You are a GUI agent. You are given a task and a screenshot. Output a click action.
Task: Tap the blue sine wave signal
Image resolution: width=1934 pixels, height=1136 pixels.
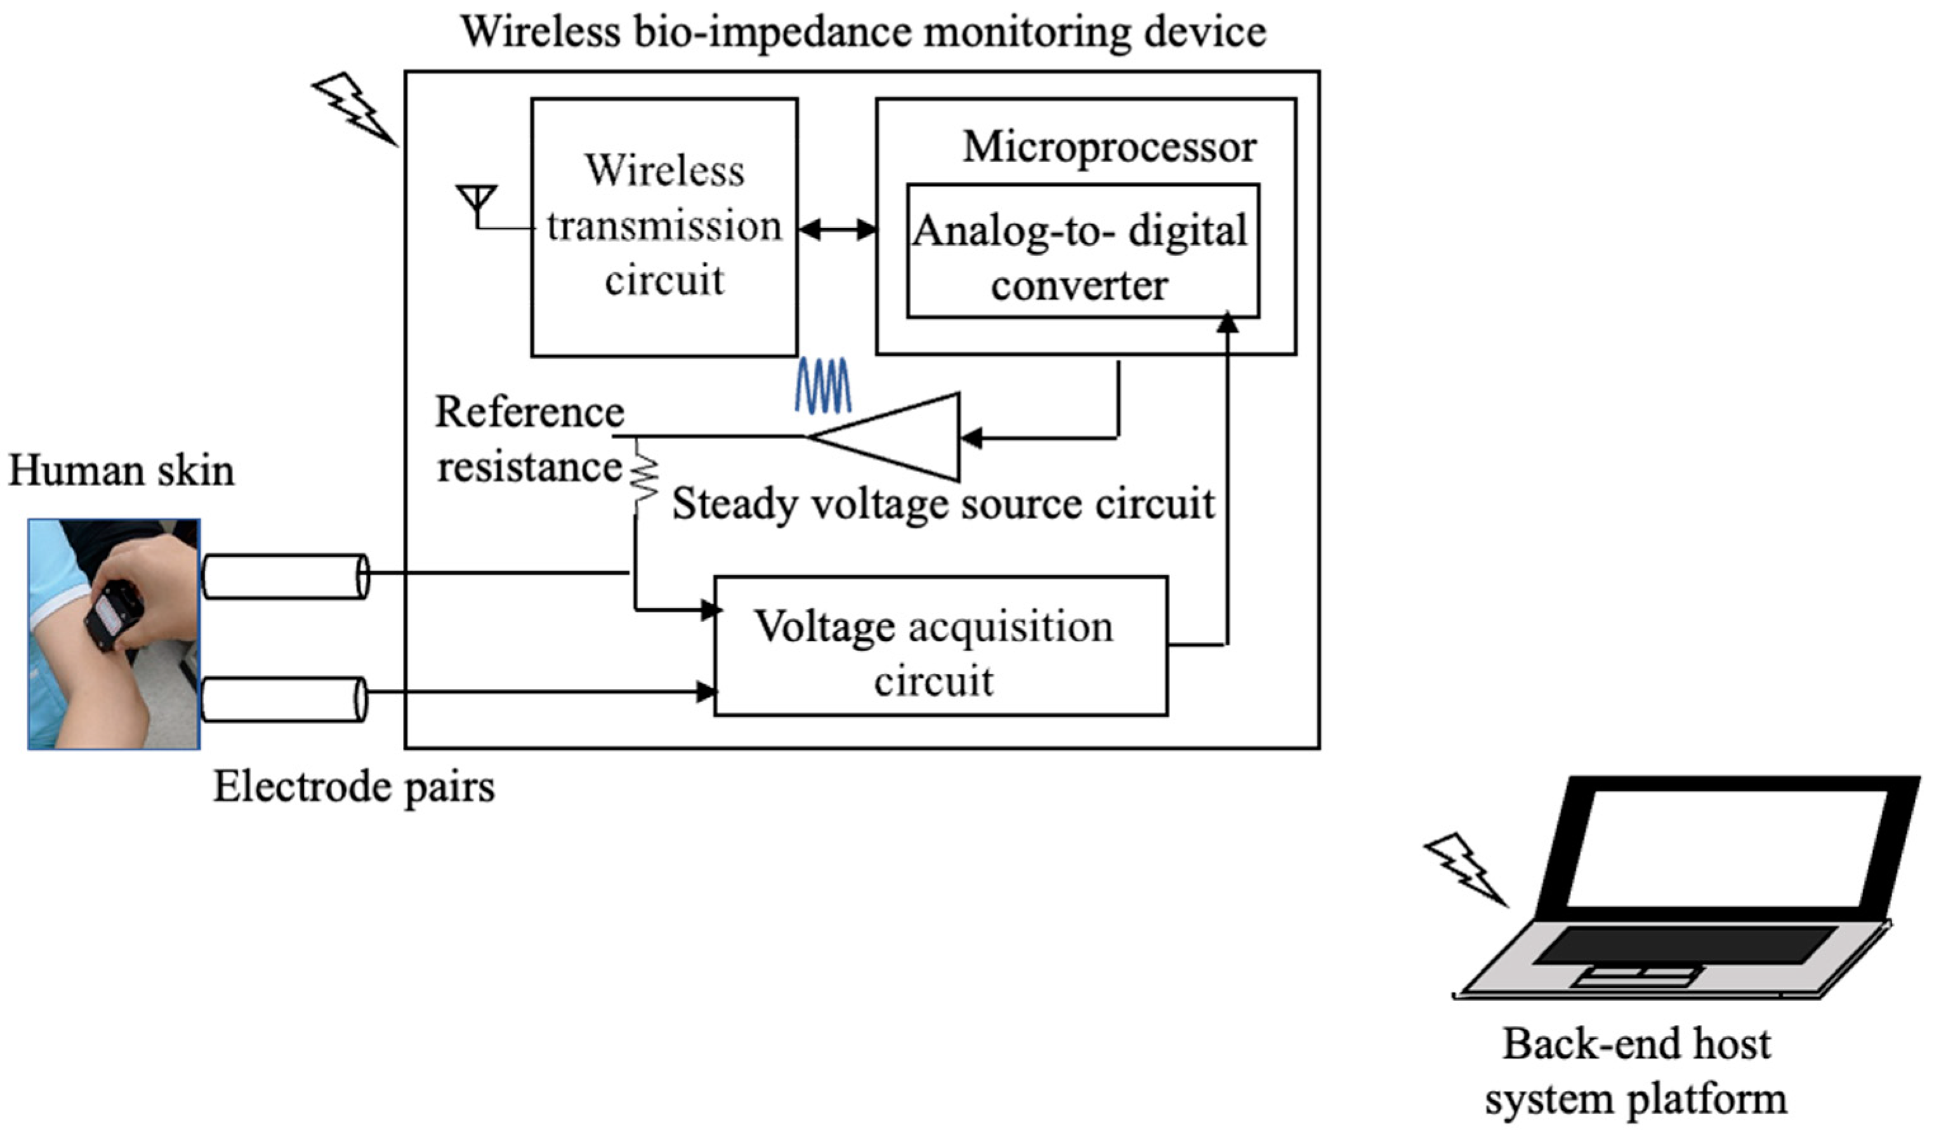(823, 385)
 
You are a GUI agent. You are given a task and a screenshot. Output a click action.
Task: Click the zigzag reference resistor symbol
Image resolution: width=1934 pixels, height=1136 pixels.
(645, 477)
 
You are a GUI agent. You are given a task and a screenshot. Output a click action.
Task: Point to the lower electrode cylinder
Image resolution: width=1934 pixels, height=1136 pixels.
(284, 699)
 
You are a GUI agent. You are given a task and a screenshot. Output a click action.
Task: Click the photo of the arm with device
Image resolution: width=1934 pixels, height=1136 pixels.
(114, 634)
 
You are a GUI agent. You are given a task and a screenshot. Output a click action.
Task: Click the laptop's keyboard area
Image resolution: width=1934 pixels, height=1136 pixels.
(1685, 945)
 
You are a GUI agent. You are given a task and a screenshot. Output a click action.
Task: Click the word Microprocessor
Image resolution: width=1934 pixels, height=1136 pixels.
(1109, 147)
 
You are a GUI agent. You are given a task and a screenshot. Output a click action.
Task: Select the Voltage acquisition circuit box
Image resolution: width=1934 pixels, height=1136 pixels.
(941, 646)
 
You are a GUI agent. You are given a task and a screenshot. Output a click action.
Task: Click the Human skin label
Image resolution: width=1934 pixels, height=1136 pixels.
(121, 470)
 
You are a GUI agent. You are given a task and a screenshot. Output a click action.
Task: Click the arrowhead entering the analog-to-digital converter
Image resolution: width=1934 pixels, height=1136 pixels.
(1228, 323)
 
